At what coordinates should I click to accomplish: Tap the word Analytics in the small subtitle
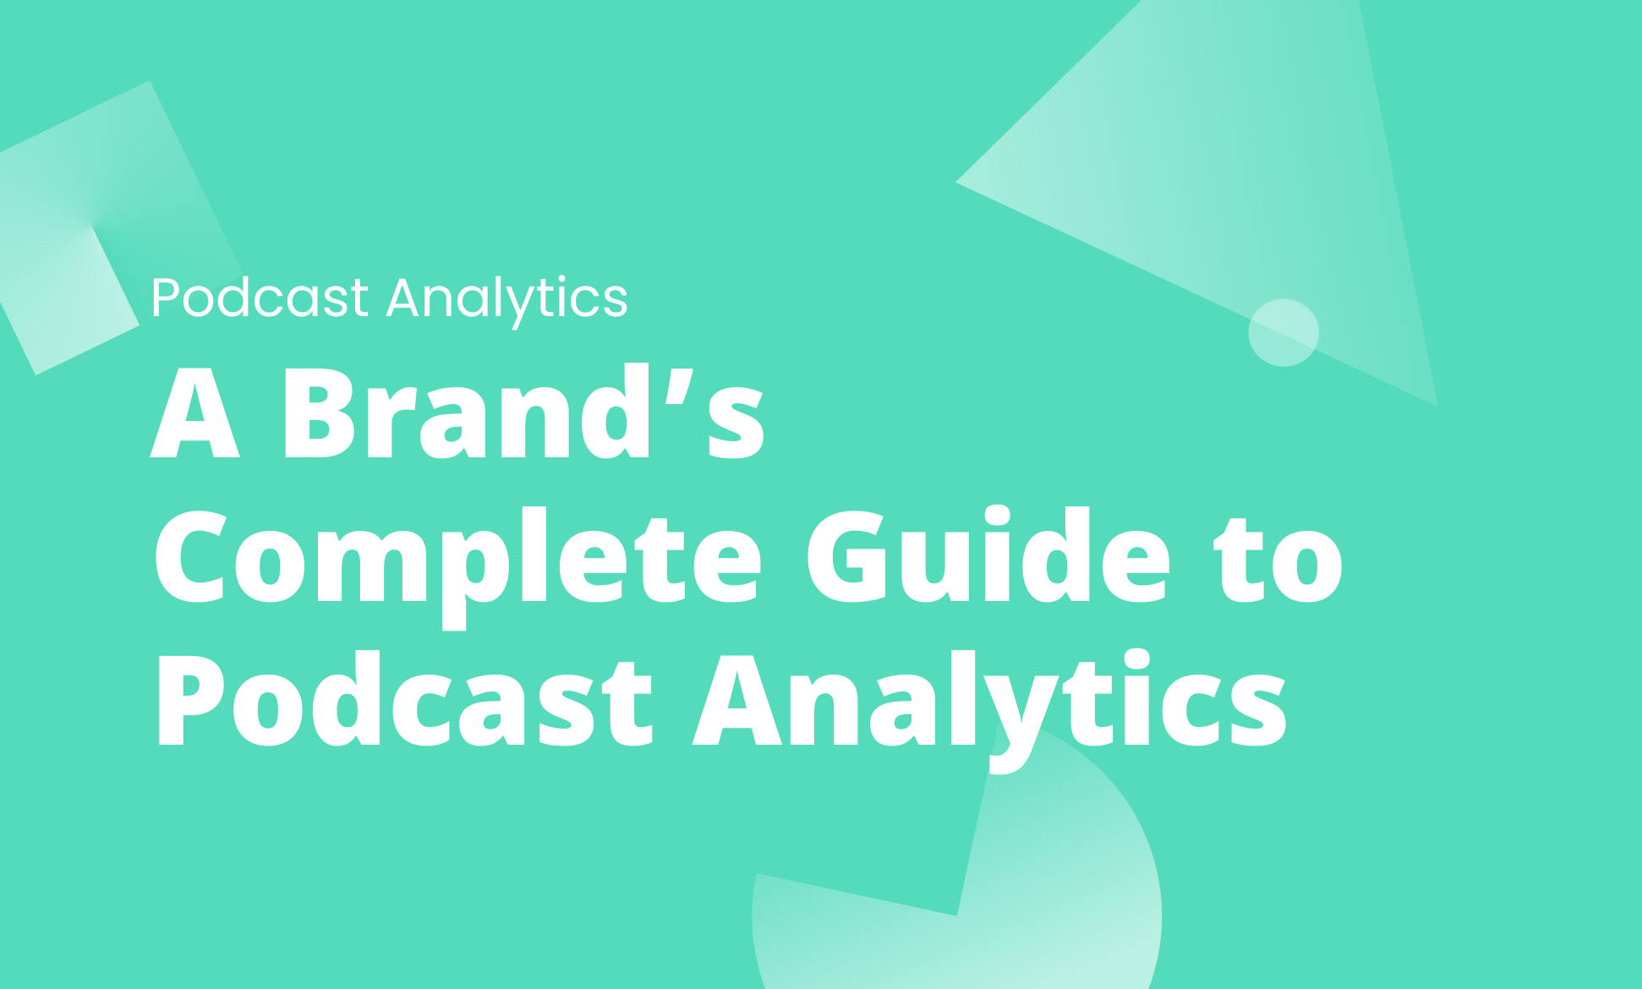tap(507, 299)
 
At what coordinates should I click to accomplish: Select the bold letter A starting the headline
tap(195, 414)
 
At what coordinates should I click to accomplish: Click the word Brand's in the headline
tap(523, 414)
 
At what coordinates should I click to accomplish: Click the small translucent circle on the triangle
tap(1283, 332)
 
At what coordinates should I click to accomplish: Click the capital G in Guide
tap(846, 558)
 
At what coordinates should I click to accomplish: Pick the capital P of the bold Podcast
tap(189, 702)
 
